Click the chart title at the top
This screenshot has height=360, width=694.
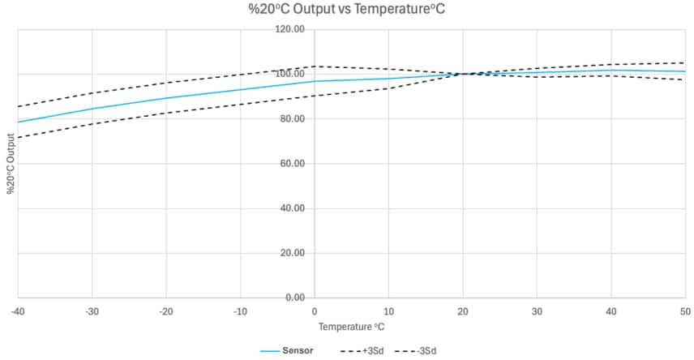(346, 11)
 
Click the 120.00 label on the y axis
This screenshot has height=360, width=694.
(290, 29)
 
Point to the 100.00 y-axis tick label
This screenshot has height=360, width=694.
(290, 74)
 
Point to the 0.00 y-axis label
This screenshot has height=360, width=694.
(294, 298)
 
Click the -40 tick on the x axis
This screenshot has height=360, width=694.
(18, 311)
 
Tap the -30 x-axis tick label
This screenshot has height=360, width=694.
(92, 311)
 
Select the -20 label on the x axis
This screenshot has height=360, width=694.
(166, 311)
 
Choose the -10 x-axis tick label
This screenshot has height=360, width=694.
(240, 311)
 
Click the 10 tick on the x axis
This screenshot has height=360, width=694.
(388, 311)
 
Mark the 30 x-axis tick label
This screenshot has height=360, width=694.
(537, 311)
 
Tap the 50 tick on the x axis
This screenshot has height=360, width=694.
(684, 311)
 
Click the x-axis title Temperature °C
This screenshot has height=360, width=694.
(351, 327)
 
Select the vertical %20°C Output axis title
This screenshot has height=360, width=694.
(11, 163)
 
